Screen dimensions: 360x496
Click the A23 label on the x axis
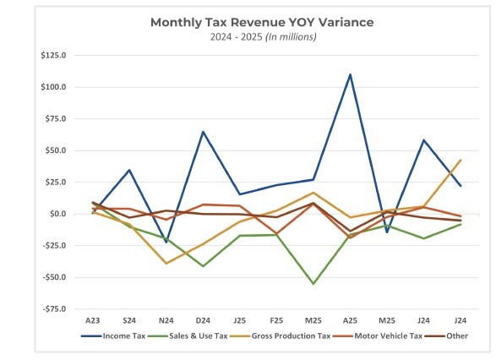[x=93, y=320]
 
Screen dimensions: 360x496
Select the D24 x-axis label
[x=204, y=320]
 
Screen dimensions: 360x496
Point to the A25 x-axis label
[x=350, y=320]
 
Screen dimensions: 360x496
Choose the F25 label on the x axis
[x=276, y=320]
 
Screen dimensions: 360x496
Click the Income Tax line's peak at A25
[x=350, y=74]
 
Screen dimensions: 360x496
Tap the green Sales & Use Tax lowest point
[x=313, y=284]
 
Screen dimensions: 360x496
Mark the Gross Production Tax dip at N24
[x=166, y=264]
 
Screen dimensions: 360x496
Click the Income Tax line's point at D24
[x=204, y=132]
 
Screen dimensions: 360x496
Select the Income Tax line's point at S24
[x=129, y=170]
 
